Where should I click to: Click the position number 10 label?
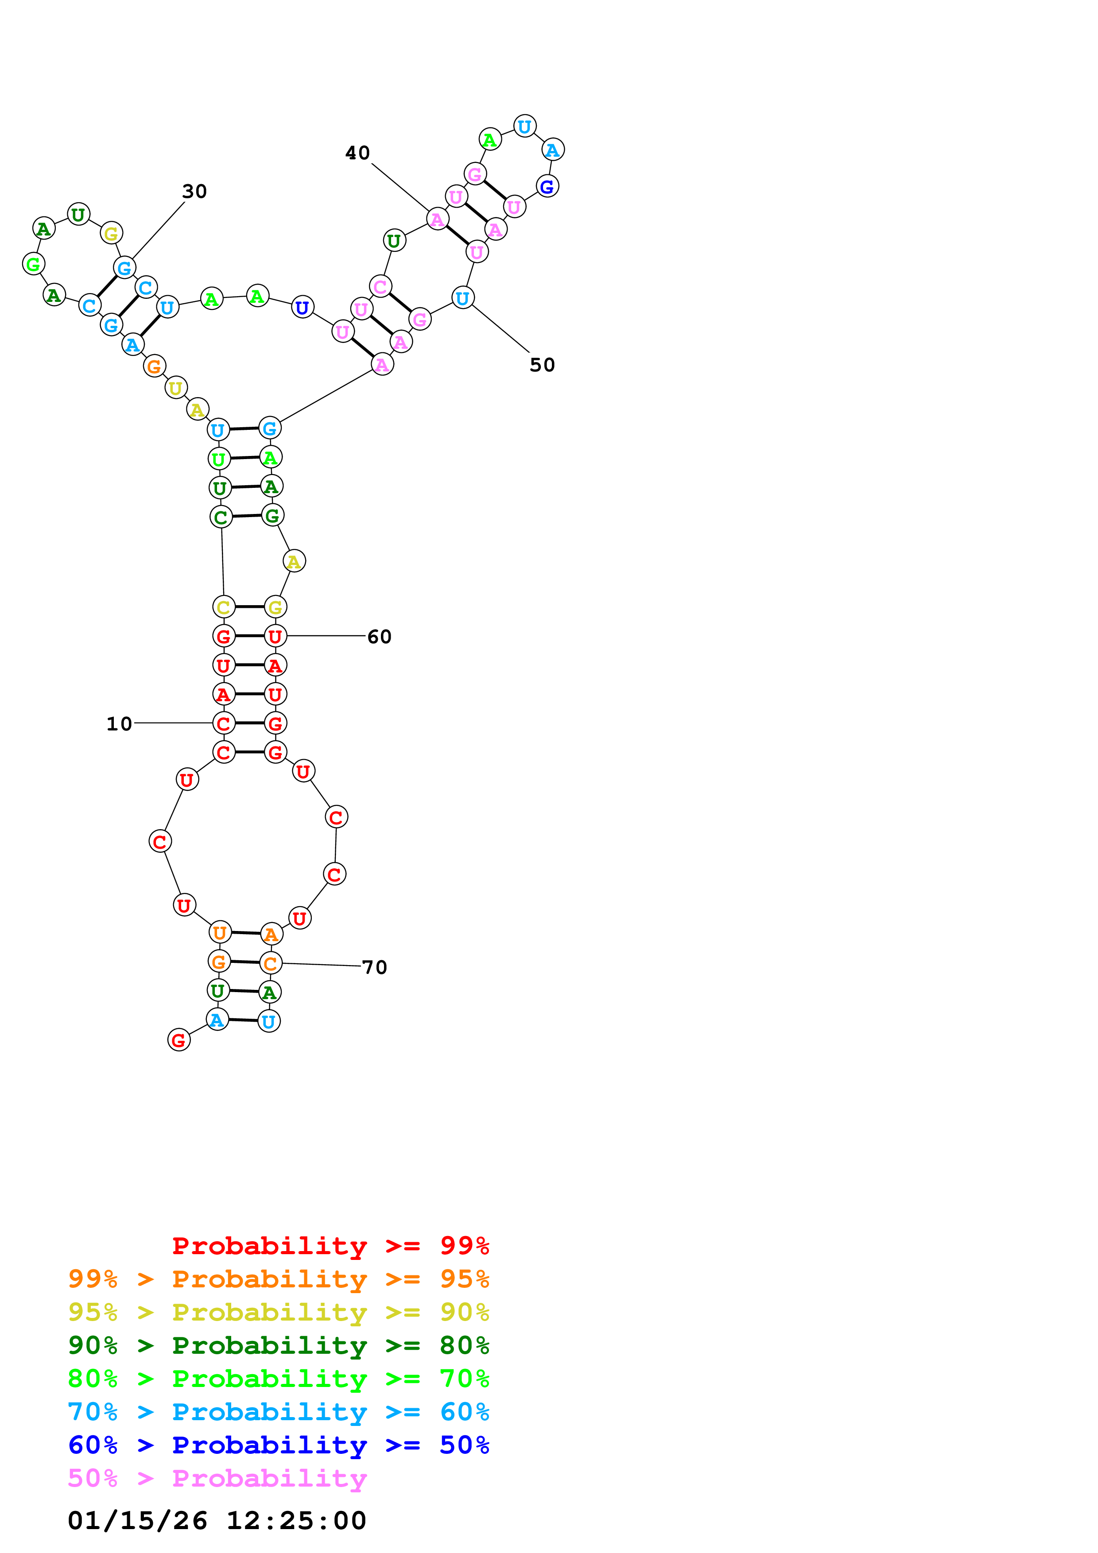pyautogui.click(x=119, y=724)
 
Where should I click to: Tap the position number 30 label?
pyautogui.click(x=194, y=191)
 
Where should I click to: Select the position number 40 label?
pyautogui.click(x=357, y=153)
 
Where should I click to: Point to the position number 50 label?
pyautogui.click(x=542, y=365)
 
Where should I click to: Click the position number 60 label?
pyautogui.click(x=379, y=637)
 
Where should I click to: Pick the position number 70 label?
pyautogui.click(x=374, y=967)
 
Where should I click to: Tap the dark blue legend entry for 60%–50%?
pyautogui.click(x=278, y=1445)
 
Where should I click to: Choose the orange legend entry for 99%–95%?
pyautogui.click(x=278, y=1279)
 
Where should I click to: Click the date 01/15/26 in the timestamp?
pyautogui.click(x=137, y=1521)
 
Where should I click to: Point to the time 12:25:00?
pyautogui.click(x=295, y=1521)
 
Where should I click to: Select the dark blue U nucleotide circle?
pyautogui.click(x=303, y=307)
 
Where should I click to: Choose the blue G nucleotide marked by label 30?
pyautogui.click(x=124, y=268)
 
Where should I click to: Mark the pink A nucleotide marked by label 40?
pyautogui.click(x=438, y=219)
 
